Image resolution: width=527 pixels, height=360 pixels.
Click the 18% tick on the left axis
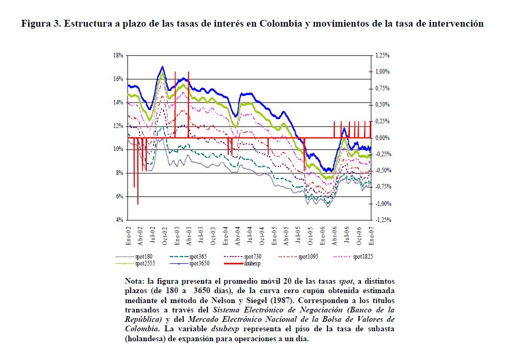119,55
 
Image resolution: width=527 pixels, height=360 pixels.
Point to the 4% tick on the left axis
120,220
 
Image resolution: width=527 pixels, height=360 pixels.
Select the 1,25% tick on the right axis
382,55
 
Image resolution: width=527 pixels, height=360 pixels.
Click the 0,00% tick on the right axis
382,137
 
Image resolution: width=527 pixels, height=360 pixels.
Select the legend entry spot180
143,257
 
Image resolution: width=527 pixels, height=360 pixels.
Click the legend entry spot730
252,257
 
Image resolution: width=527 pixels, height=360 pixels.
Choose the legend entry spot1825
362,257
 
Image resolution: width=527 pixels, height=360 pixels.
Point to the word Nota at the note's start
136,281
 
